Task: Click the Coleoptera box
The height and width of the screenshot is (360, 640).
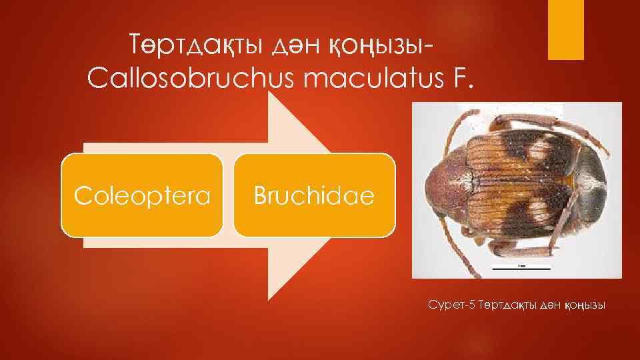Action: (142, 195)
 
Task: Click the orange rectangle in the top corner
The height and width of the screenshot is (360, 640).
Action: (565, 29)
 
